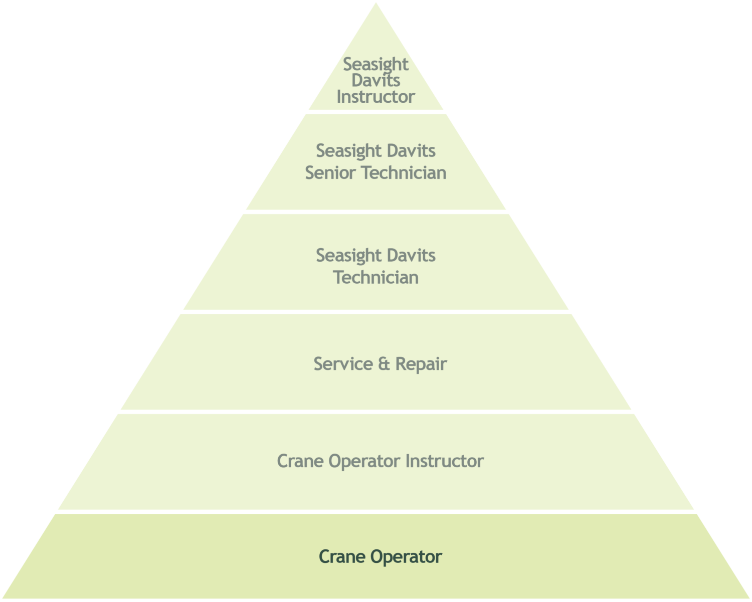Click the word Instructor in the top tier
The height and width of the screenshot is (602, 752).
point(375,97)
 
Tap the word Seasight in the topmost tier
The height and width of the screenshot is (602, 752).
point(375,64)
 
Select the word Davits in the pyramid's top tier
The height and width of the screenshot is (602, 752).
point(375,80)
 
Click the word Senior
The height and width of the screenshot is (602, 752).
point(331,173)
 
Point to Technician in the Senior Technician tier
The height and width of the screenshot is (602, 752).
point(404,173)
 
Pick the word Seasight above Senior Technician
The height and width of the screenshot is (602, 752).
point(349,151)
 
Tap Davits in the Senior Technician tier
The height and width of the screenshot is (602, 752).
point(412,151)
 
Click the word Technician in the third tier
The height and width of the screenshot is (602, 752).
point(376,277)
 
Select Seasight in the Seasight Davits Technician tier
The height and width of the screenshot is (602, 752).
point(349,256)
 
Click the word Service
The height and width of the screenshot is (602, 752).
point(342,364)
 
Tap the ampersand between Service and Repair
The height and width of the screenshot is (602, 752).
point(384,364)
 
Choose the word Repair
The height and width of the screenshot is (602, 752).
point(421,364)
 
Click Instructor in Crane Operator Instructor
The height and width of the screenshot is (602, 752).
point(445,461)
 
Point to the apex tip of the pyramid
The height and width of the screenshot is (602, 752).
point(376,3)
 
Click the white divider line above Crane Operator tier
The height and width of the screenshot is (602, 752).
point(376,512)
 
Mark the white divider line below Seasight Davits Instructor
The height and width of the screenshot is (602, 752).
point(376,112)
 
